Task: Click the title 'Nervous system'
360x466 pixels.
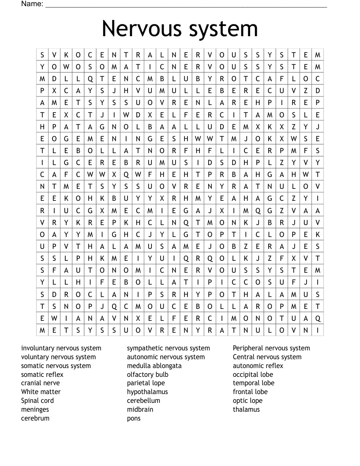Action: coord(180,29)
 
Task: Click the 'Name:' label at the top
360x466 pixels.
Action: coord(32,4)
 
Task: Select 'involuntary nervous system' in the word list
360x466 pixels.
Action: coord(61,348)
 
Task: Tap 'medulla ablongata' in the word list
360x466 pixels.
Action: coord(154,366)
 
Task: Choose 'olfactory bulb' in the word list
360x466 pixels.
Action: coord(147,375)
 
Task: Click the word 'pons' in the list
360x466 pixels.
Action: coord(134,418)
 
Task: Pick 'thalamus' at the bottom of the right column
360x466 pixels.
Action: coord(246,410)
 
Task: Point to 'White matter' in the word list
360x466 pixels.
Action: coord(41,392)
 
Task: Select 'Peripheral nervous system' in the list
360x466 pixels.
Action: coord(271,348)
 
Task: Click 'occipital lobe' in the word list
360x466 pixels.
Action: coord(253,375)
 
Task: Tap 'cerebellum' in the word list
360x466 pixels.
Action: coord(143,401)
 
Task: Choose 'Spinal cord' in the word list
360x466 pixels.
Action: coord(37,401)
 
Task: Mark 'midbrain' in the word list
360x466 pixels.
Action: coord(140,410)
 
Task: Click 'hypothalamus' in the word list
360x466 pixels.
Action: coord(147,392)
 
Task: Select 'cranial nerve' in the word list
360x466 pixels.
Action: coord(40,383)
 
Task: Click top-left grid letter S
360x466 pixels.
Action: coord(42,55)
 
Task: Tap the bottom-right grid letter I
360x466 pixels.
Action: coord(318,330)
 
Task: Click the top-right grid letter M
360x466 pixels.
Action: coord(318,55)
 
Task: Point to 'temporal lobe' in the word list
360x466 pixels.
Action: coord(253,383)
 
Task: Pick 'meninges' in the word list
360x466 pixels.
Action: coord(35,410)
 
